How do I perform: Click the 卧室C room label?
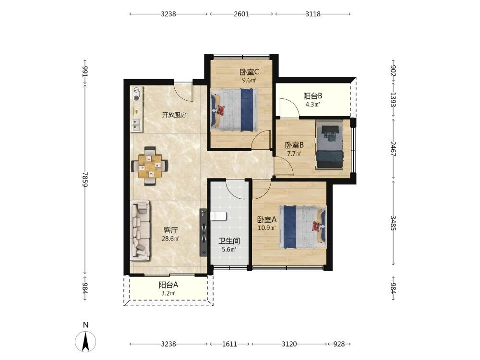coord(249,72)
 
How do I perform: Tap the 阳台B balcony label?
coord(312,96)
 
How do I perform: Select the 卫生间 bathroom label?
coord(228,241)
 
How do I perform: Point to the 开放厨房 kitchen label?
coord(174,115)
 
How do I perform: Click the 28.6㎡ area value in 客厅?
coord(170,239)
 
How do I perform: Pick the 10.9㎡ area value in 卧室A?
coord(266,228)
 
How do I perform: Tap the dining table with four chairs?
coord(150,166)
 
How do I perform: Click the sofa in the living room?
coord(140,230)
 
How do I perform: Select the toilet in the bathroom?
coord(218,216)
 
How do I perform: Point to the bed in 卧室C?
coord(234,110)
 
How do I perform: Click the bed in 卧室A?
coord(302,227)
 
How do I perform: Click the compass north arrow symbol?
coord(85,341)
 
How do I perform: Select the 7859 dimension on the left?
coord(85,179)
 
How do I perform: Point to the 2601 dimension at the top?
coord(241,14)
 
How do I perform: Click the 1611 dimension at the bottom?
coord(229,344)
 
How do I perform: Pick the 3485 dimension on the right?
coord(394,223)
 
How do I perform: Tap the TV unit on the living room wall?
coord(204,232)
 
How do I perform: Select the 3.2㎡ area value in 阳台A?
coord(168,293)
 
